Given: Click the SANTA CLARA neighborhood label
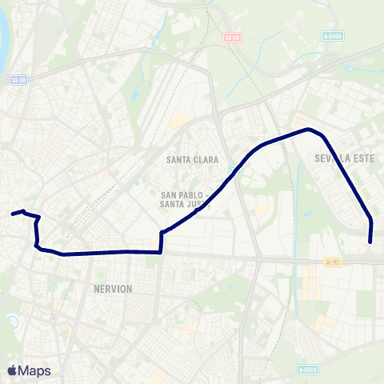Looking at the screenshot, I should point(192,160).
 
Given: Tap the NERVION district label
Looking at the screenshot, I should point(112,288).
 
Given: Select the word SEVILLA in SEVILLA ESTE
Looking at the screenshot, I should point(325,158).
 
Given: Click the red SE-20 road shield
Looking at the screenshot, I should point(233,37).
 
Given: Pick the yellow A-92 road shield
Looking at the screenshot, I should point(334,262).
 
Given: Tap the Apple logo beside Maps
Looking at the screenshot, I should point(12,370).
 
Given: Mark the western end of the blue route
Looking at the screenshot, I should point(11,214).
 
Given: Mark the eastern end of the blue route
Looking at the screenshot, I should point(370,241).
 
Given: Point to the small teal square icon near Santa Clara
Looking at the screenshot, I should point(234,169).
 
